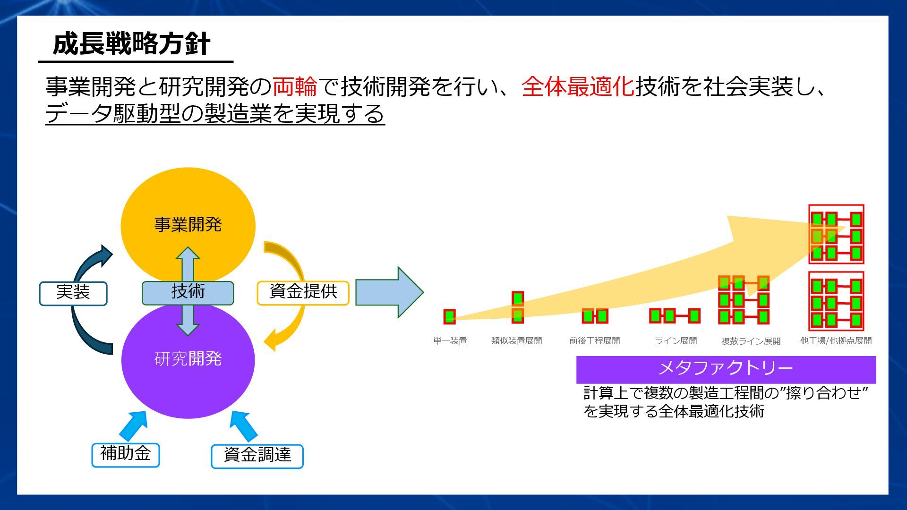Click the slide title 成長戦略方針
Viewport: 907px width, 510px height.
click(131, 44)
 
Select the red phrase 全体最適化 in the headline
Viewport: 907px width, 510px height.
click(578, 86)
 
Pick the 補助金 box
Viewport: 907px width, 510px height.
click(125, 454)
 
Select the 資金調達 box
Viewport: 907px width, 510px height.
click(257, 456)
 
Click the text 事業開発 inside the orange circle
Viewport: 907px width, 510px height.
click(188, 224)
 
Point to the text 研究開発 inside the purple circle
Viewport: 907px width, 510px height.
click(188, 359)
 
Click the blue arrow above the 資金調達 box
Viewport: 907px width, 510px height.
click(243, 425)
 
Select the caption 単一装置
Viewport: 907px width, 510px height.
click(450, 341)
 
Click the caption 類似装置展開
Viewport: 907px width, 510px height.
click(516, 341)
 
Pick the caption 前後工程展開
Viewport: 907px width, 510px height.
click(594, 341)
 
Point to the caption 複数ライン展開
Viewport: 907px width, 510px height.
click(751, 341)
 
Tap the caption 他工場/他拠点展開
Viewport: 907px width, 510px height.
click(836, 341)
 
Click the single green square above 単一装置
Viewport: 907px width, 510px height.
click(449, 316)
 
